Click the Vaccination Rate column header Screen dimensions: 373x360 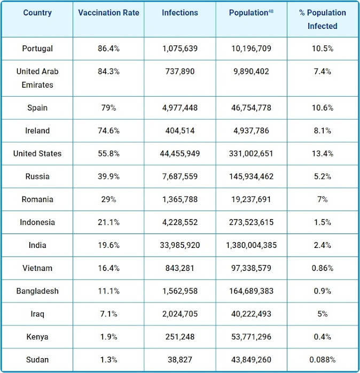(108, 13)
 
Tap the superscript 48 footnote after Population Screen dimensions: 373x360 (271, 11)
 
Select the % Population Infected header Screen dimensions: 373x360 (323, 19)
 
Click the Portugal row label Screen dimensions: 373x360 (37, 49)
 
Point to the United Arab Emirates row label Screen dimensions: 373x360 (37, 78)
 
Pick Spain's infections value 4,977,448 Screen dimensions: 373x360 (180, 108)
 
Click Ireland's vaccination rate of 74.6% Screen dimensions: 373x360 (108, 131)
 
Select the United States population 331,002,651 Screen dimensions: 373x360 (251, 154)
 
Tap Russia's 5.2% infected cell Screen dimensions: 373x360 (323, 177)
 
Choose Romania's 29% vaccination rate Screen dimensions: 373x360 (108, 200)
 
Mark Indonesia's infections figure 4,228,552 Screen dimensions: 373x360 (180, 223)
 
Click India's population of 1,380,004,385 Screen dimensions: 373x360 (251, 246)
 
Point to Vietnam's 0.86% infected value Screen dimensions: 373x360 (323, 269)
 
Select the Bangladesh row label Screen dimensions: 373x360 (37, 292)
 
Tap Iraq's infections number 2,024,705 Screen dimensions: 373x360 (180, 315)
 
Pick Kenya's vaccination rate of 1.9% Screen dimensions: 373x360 (108, 338)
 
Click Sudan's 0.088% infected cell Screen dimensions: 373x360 (323, 361)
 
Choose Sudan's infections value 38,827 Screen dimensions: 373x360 (180, 361)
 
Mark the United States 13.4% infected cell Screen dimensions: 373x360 (323, 154)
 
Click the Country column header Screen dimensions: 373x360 (37, 13)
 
